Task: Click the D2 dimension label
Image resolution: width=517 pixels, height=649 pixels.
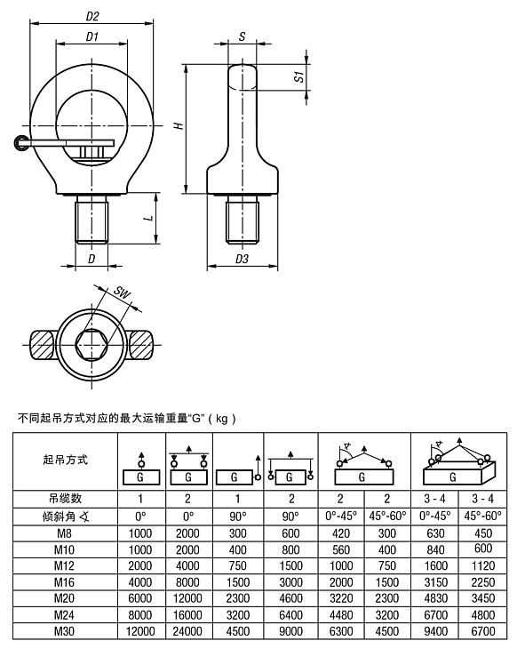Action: (91, 15)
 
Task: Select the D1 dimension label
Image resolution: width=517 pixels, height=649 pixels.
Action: (91, 37)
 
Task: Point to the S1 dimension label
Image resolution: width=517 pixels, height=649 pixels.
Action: (300, 77)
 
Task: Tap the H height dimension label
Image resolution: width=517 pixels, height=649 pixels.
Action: (178, 126)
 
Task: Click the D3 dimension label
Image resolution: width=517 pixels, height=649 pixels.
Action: (241, 259)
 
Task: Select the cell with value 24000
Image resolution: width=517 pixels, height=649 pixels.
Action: (187, 630)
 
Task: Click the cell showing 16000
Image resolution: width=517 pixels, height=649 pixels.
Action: (187, 613)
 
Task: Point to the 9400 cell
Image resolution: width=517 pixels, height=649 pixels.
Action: (435, 630)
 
